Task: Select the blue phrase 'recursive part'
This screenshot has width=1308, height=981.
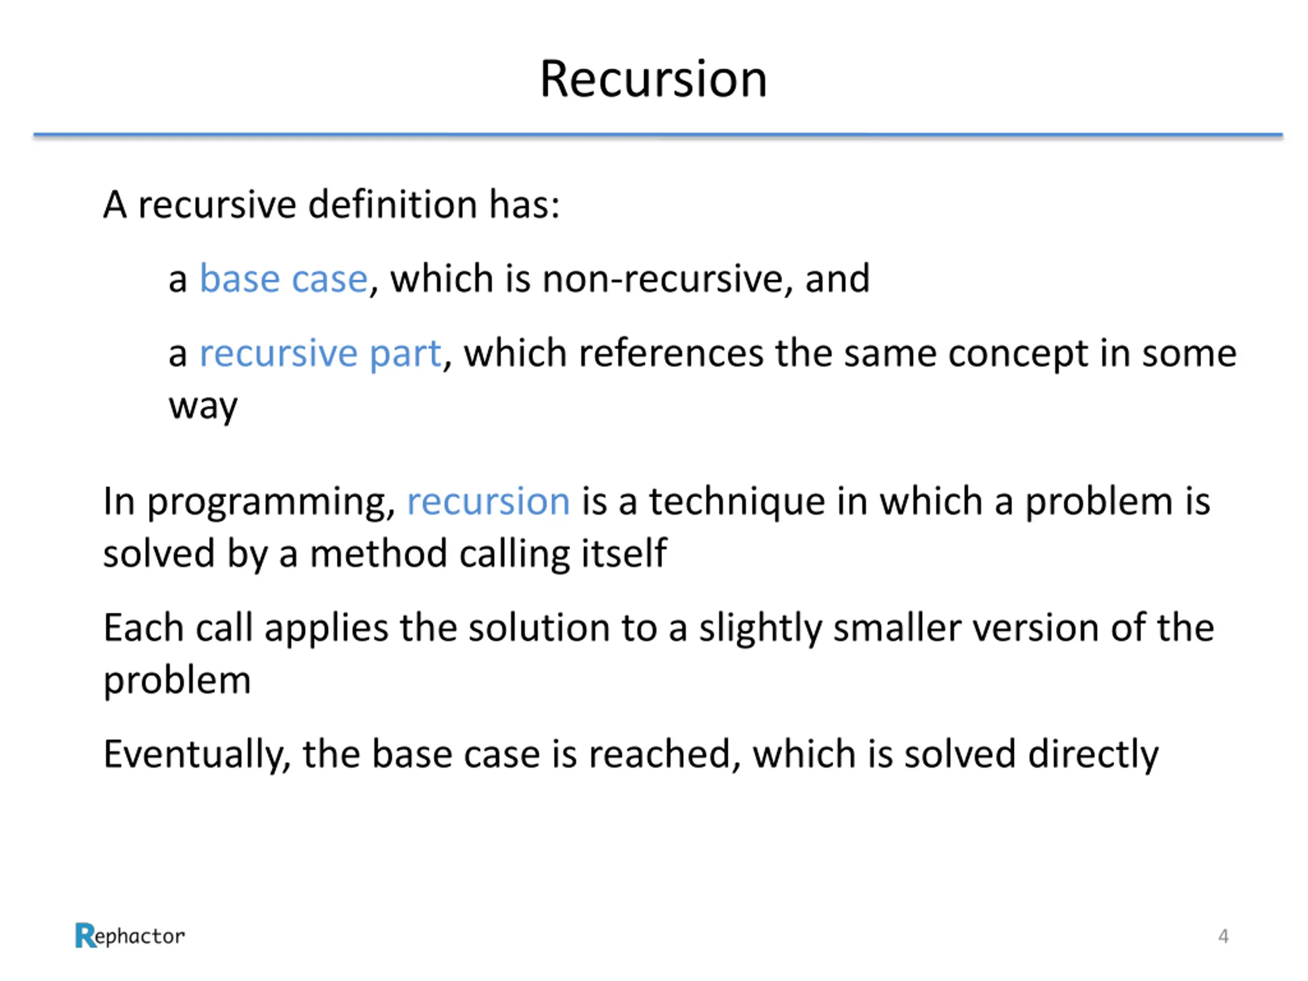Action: (320, 353)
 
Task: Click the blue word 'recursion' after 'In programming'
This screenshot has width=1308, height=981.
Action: (488, 501)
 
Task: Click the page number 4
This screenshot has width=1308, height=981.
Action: (1223, 936)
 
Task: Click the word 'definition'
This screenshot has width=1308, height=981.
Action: (392, 204)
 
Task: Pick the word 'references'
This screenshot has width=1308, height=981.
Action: (671, 353)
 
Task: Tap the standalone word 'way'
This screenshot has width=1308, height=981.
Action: (203, 406)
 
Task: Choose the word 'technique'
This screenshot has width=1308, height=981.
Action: (737, 501)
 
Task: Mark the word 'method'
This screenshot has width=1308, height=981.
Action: (379, 553)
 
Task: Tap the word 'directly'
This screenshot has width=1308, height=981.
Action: (1093, 755)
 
